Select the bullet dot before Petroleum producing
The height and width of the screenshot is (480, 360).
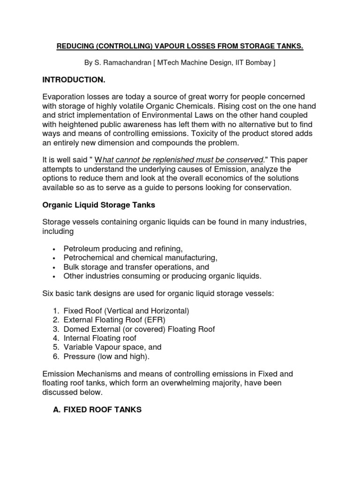click(55, 249)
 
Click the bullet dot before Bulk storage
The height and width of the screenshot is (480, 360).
click(55, 267)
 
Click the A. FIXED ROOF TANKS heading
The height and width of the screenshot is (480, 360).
click(97, 410)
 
